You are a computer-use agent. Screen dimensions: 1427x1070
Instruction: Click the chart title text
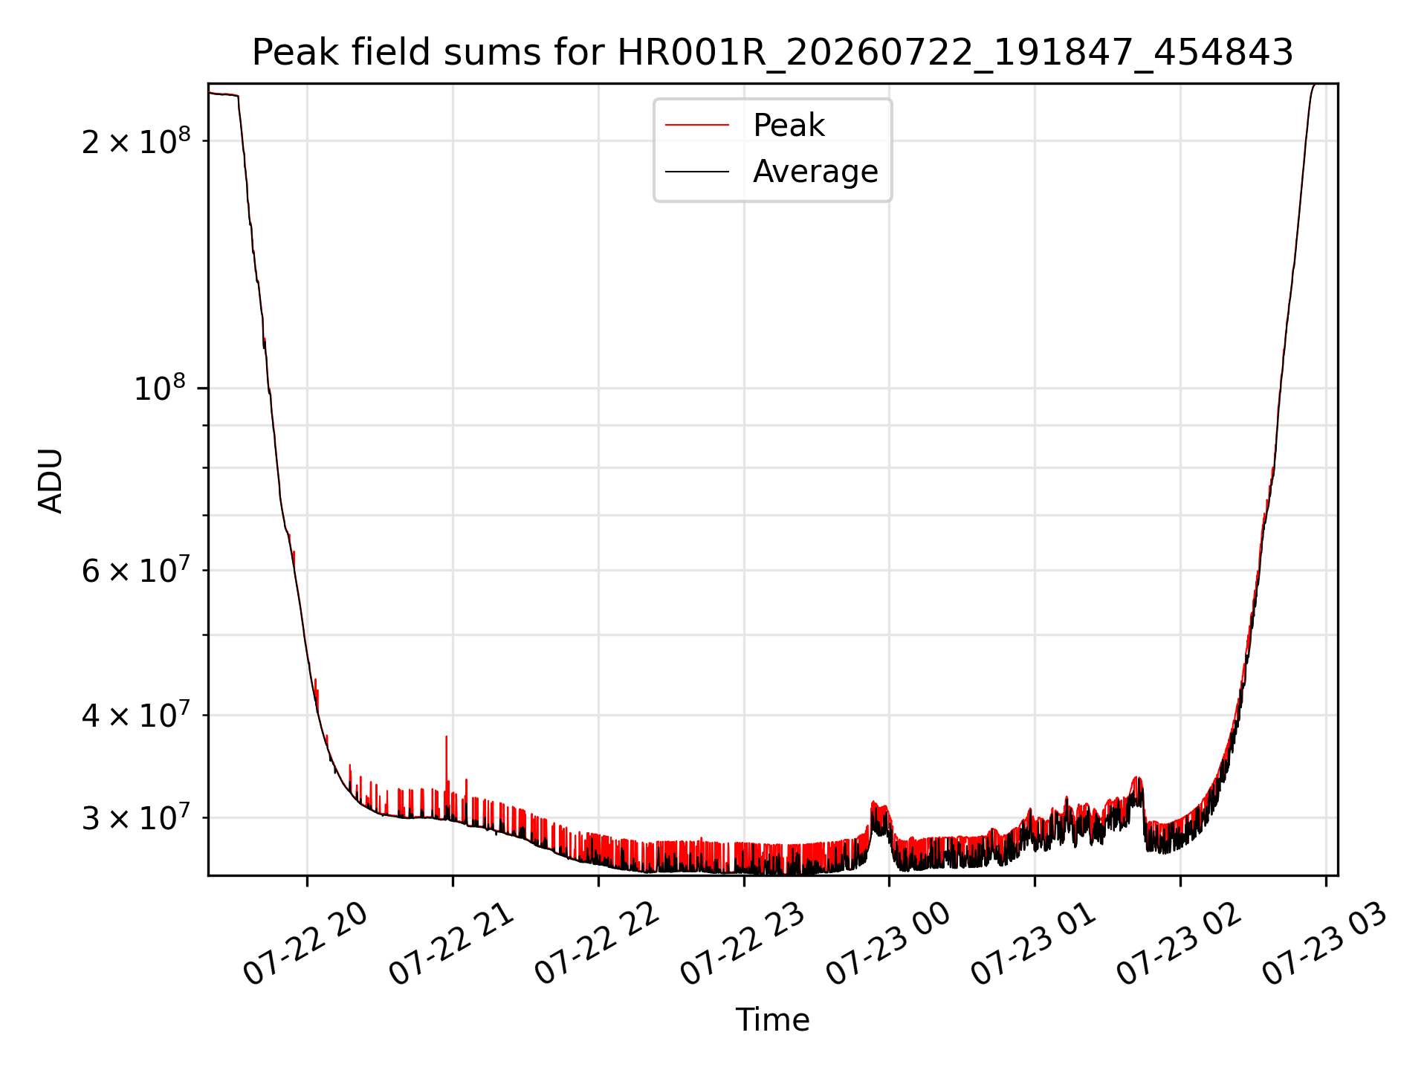point(772,53)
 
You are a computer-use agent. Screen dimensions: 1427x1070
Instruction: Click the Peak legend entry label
point(789,125)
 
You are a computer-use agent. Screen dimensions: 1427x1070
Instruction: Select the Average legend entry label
point(815,172)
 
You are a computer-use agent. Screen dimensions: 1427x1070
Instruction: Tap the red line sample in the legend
point(697,125)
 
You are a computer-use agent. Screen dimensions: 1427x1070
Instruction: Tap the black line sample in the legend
point(697,172)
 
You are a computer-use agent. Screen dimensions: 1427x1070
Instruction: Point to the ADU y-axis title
point(51,480)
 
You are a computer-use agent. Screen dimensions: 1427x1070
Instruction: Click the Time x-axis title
point(772,1019)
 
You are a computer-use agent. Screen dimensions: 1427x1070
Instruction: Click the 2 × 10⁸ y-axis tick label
point(136,140)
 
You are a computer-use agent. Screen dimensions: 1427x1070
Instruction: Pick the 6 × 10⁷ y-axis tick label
point(136,570)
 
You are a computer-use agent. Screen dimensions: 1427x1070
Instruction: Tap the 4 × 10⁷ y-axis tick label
point(136,715)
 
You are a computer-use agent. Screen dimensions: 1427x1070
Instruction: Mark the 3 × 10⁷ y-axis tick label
point(136,817)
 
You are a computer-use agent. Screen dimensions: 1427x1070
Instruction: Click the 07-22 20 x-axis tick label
point(305,944)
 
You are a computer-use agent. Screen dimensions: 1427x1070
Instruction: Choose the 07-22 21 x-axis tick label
point(451,944)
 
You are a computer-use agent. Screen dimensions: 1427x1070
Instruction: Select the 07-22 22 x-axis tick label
point(597,944)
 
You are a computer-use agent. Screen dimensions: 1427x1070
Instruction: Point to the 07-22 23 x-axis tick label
point(742,944)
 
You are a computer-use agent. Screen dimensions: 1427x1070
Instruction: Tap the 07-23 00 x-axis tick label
point(888,944)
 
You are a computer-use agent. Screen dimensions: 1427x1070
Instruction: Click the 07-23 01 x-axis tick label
point(1034,944)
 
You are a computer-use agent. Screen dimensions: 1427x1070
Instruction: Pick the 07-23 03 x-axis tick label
point(1325,944)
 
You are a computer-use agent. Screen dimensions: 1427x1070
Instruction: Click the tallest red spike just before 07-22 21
point(446,758)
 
